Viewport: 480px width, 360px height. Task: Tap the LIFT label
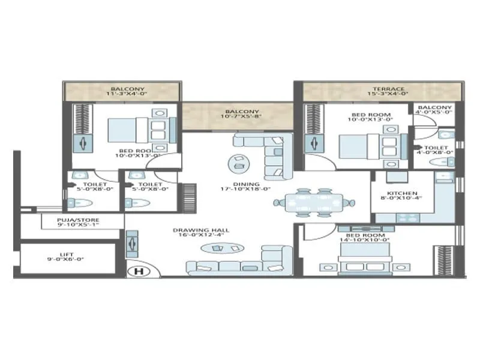click(67, 256)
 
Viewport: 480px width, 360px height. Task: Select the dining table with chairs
click(314, 202)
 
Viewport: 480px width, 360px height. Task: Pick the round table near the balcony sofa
click(238, 162)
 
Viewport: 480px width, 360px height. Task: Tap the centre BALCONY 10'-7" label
click(242, 112)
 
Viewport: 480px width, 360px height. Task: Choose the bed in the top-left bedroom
click(142, 130)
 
